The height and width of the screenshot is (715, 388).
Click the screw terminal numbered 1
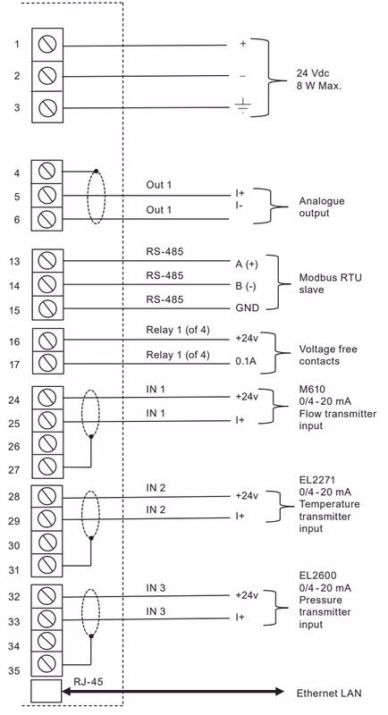pyautogui.click(x=47, y=45)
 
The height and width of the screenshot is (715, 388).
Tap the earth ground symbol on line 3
pyautogui.click(x=242, y=105)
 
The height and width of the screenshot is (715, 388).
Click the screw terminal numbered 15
pyautogui.click(x=47, y=308)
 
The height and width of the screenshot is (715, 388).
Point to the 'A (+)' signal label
pyautogui.click(x=247, y=265)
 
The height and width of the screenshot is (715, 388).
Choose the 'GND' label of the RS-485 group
pyautogui.click(x=247, y=308)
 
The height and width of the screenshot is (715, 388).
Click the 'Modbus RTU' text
pyautogui.click(x=330, y=278)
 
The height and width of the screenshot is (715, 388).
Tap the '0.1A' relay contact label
pyautogui.click(x=246, y=362)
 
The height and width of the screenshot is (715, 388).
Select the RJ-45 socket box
pyautogui.click(x=46, y=691)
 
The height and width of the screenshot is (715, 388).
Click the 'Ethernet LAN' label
pyautogui.click(x=329, y=694)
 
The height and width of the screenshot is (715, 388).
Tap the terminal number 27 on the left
pyautogui.click(x=14, y=470)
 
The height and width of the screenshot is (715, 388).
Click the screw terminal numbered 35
pyautogui.click(x=47, y=664)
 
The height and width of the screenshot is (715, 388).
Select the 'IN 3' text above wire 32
pyautogui.click(x=156, y=588)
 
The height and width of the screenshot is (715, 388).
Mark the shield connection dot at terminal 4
pyautogui.click(x=96, y=172)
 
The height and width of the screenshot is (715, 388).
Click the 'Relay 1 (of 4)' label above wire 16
pyautogui.click(x=178, y=330)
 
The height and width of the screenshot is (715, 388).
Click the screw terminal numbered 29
pyautogui.click(x=47, y=519)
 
